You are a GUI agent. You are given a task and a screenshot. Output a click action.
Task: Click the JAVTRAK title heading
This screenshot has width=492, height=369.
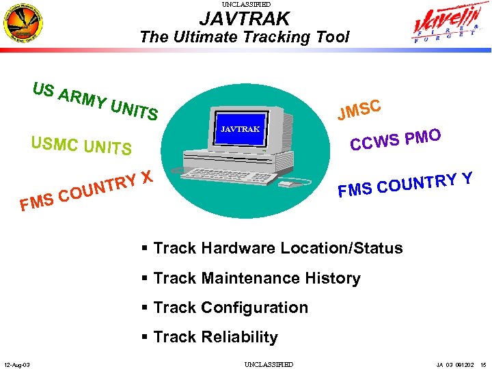[245, 19]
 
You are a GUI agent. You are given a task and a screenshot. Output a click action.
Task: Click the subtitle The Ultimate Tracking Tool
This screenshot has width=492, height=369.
[245, 37]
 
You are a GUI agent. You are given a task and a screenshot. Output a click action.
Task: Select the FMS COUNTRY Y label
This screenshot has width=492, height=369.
[405, 183]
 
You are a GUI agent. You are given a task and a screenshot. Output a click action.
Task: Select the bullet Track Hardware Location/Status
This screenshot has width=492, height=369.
[273, 248]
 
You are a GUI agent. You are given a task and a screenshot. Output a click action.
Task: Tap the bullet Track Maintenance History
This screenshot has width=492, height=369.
[251, 278]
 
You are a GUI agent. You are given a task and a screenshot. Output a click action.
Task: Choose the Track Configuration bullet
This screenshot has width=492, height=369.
[225, 307]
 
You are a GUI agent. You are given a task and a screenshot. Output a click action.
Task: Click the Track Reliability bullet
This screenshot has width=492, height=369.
[210, 337]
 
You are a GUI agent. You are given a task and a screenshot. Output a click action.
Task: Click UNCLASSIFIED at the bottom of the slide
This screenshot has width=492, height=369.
[269, 364]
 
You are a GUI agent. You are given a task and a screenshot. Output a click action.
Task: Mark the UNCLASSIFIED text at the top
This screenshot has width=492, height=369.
[245, 4]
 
